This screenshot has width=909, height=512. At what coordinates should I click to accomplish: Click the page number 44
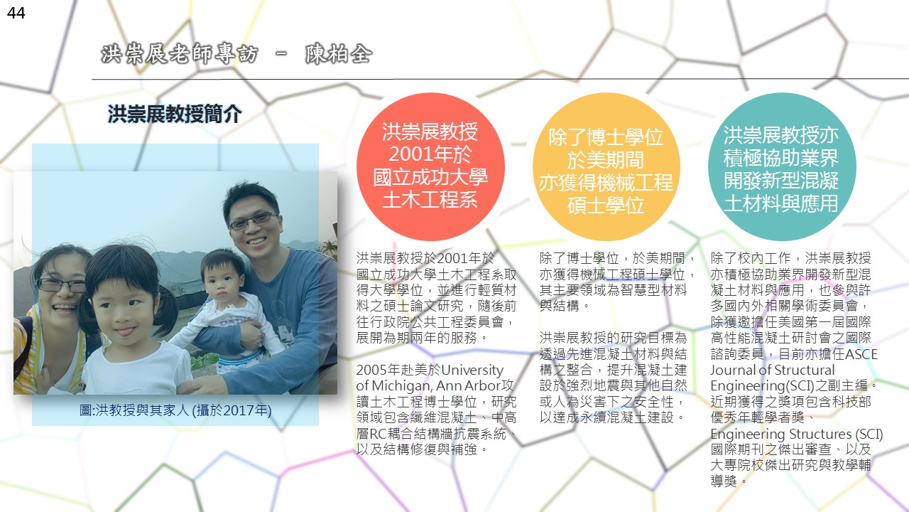[x=16, y=13]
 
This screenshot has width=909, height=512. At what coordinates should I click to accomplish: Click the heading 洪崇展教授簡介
[x=175, y=114]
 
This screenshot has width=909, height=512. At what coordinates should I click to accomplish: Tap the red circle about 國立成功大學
[x=430, y=166]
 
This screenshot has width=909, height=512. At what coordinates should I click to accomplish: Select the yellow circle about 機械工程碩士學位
[x=606, y=166]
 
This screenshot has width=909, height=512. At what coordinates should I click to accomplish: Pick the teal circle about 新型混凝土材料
[x=782, y=166]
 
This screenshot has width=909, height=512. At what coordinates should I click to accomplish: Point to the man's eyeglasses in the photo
[x=254, y=220]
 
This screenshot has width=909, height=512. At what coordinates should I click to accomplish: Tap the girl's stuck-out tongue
[x=126, y=332]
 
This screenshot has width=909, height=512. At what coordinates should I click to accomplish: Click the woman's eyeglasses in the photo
[x=61, y=285]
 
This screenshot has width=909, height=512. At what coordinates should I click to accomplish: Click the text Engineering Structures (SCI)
[x=797, y=434]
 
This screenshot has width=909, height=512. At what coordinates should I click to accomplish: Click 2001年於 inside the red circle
[x=430, y=154]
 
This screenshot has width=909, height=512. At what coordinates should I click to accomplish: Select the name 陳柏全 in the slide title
[x=339, y=54]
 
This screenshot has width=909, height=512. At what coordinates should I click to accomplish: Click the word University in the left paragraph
[x=472, y=370]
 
